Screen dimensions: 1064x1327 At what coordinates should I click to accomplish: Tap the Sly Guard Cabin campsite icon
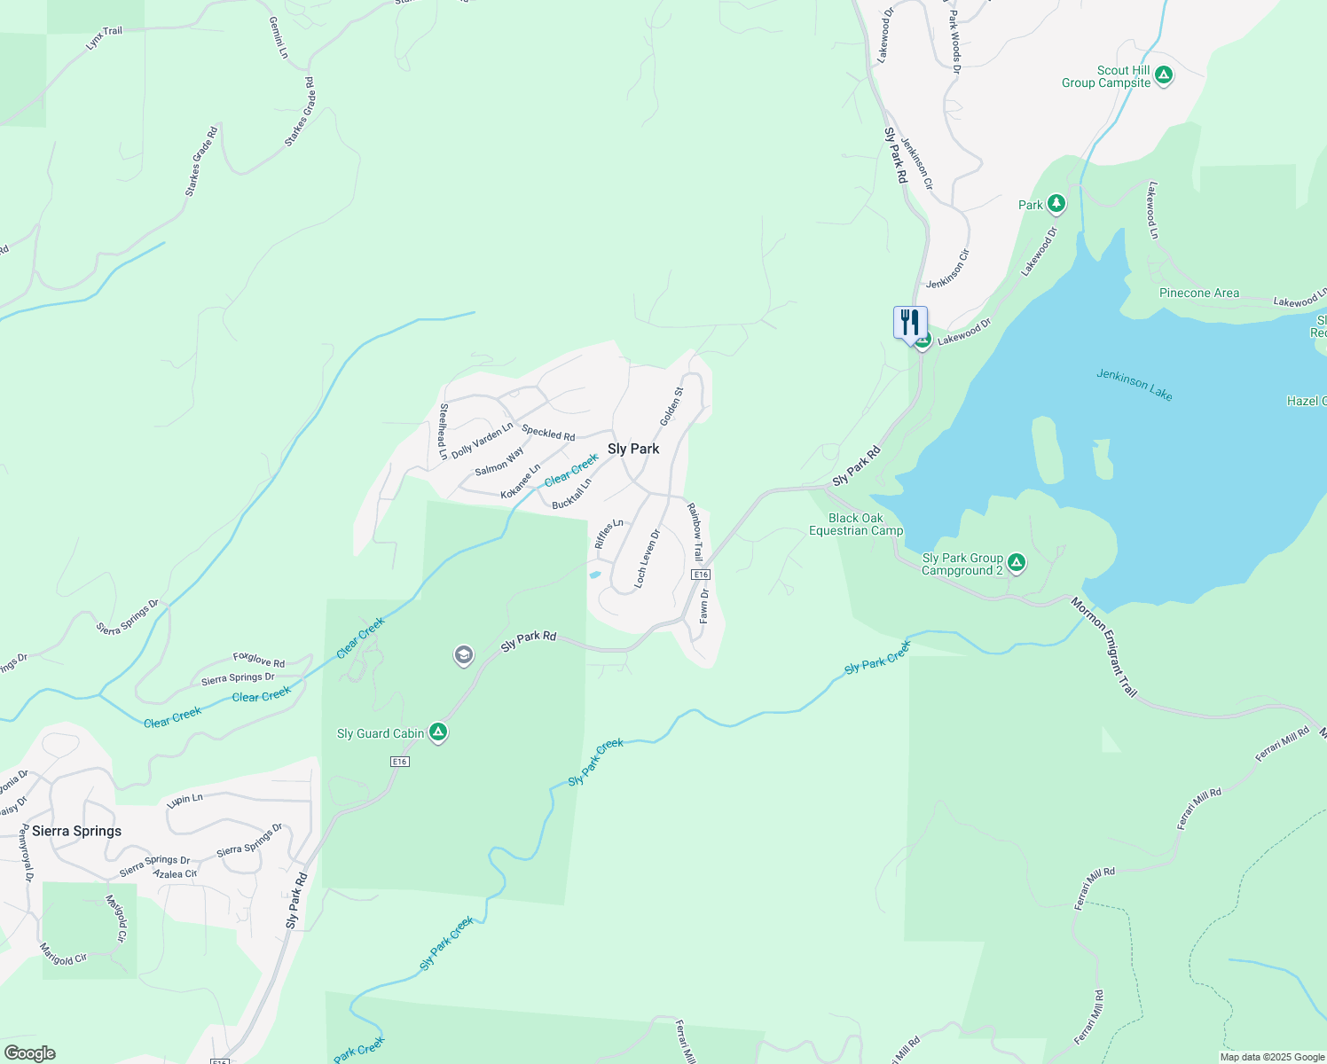point(437,732)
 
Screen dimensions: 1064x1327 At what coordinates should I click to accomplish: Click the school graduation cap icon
point(463,655)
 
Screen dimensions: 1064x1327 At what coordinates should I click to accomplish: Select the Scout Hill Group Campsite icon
point(1164,76)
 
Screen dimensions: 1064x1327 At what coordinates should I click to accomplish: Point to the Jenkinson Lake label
point(1134,385)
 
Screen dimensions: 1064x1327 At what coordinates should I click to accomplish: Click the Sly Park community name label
point(632,449)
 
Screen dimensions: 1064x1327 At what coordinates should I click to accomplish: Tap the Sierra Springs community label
point(76,831)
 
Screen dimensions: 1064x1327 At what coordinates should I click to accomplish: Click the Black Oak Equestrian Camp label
point(855,524)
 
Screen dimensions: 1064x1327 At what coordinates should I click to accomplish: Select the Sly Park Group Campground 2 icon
point(1017,562)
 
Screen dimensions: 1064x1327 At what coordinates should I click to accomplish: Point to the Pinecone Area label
point(1198,293)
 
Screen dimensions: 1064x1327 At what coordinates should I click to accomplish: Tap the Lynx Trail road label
point(104,37)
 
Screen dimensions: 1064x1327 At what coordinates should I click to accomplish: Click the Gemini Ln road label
point(278,37)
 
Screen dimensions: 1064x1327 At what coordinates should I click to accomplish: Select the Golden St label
point(671,405)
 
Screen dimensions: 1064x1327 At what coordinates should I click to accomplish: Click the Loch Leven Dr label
point(647,559)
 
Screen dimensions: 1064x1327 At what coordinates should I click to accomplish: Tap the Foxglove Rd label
point(259,660)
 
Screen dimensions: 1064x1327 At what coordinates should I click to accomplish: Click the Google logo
point(29,1053)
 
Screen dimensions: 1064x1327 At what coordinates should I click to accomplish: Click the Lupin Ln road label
point(185,800)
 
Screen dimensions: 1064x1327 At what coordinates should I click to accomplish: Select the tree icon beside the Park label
point(1056,205)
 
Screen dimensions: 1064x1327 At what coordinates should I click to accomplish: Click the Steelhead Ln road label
point(444,432)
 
